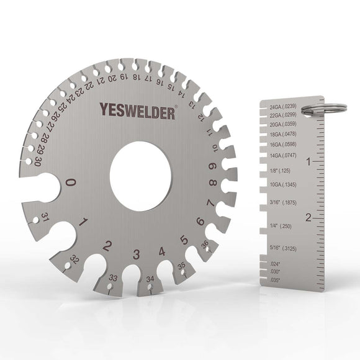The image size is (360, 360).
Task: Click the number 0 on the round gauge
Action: pos(71,182)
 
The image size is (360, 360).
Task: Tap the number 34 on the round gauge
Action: pos(150,280)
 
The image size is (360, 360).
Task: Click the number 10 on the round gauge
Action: pos(214,147)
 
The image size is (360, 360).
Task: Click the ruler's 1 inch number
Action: pos(308,161)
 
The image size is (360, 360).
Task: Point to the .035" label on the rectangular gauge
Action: pos(276,280)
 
